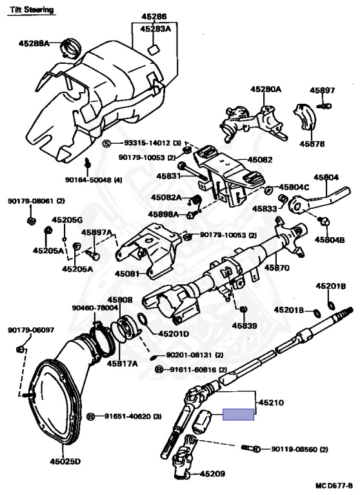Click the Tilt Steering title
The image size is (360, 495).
pyautogui.click(x=32, y=10)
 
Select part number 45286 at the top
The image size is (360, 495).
pyautogui.click(x=154, y=16)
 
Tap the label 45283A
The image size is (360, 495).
pyautogui.click(x=155, y=29)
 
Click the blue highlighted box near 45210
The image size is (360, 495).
pyautogui.click(x=238, y=414)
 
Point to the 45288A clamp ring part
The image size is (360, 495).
pyautogui.click(x=71, y=48)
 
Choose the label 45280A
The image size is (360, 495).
pyautogui.click(x=266, y=90)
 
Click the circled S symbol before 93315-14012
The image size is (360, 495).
pyautogui.click(x=107, y=144)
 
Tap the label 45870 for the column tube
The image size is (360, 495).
pyautogui.click(x=277, y=267)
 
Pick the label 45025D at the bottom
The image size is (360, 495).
pyautogui.click(x=65, y=461)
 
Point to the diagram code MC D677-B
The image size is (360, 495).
pyautogui.click(x=334, y=485)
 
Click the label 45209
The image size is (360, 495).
pyautogui.click(x=212, y=474)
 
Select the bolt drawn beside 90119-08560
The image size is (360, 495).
pyautogui.click(x=251, y=449)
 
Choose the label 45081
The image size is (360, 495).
pyautogui.click(x=127, y=273)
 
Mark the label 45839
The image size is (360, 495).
pyautogui.click(x=245, y=325)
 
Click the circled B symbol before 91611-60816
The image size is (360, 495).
pyautogui.click(x=159, y=369)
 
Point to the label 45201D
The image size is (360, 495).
pyautogui.click(x=174, y=333)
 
